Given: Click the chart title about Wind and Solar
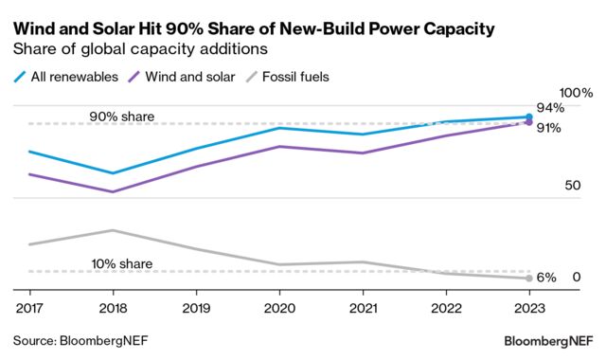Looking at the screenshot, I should pos(254,29).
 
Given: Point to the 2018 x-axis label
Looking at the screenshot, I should pos(112,308).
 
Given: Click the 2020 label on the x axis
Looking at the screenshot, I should pos(278,308).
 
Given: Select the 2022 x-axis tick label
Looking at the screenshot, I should pos(445,308).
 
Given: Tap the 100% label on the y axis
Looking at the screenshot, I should pos(575,93).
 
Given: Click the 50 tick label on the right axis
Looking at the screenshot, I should pos(571,186).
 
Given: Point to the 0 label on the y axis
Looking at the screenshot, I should pos(576,277).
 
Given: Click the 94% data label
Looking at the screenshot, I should pos(550,108).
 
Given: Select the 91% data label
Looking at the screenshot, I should pos(550,128).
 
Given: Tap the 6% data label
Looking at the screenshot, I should pos(546,278).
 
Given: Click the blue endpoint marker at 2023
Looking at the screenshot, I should pos(528,117).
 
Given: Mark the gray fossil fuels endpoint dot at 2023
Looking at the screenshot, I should pos(528,278).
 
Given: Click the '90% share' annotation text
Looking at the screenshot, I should pos(122,117).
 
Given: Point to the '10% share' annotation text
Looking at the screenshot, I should pos(122,263).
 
